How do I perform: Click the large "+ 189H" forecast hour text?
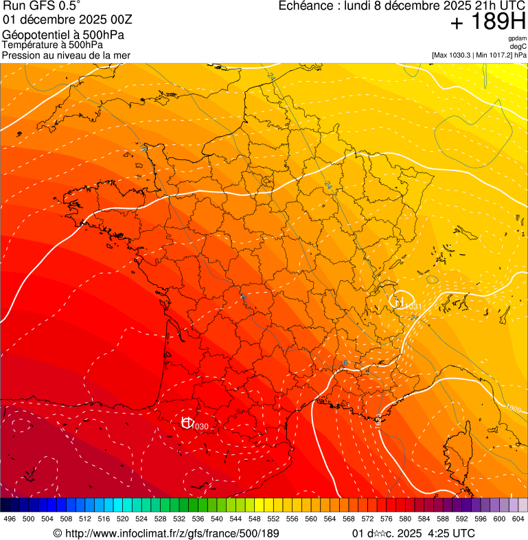487,22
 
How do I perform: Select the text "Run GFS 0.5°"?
42,6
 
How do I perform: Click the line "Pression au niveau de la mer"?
66,55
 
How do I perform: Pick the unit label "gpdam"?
517,38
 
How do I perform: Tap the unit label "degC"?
518,46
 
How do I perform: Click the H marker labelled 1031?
398,300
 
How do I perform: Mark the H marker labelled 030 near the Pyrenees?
187,423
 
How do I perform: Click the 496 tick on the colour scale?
10,519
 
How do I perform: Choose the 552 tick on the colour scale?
273,519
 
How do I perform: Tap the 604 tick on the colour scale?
518,519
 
